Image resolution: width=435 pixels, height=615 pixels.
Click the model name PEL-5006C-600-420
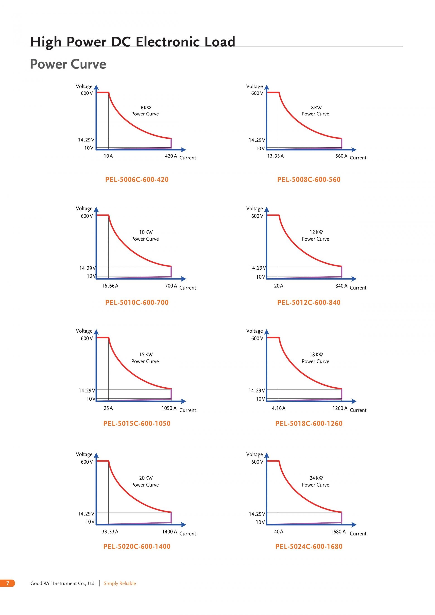click(137, 179)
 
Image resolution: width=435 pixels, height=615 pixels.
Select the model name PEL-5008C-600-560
click(309, 179)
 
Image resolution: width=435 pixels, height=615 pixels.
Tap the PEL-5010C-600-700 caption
click(137, 302)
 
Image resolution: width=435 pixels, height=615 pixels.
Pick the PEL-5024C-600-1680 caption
click(309, 546)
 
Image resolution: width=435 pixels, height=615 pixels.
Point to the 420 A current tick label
click(171, 156)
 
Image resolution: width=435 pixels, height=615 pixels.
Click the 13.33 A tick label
click(275, 156)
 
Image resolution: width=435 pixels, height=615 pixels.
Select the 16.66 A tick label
click(110, 286)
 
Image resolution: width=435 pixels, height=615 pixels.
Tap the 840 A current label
click(341, 286)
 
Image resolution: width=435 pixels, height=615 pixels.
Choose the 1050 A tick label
click(169, 408)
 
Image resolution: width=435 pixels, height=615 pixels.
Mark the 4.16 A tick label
click(279, 408)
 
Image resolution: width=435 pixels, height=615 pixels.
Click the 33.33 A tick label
click(110, 531)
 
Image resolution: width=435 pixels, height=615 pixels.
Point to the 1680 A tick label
click(338, 531)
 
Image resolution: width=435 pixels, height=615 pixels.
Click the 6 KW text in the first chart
click(146, 108)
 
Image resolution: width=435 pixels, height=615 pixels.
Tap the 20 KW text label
click(146, 478)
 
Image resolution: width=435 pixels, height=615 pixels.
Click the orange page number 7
click(7, 583)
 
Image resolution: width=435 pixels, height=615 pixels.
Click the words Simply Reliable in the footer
click(120, 583)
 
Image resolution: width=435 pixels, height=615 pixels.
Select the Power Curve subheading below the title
click(68, 64)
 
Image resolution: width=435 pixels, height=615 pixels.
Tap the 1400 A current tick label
click(169, 531)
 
